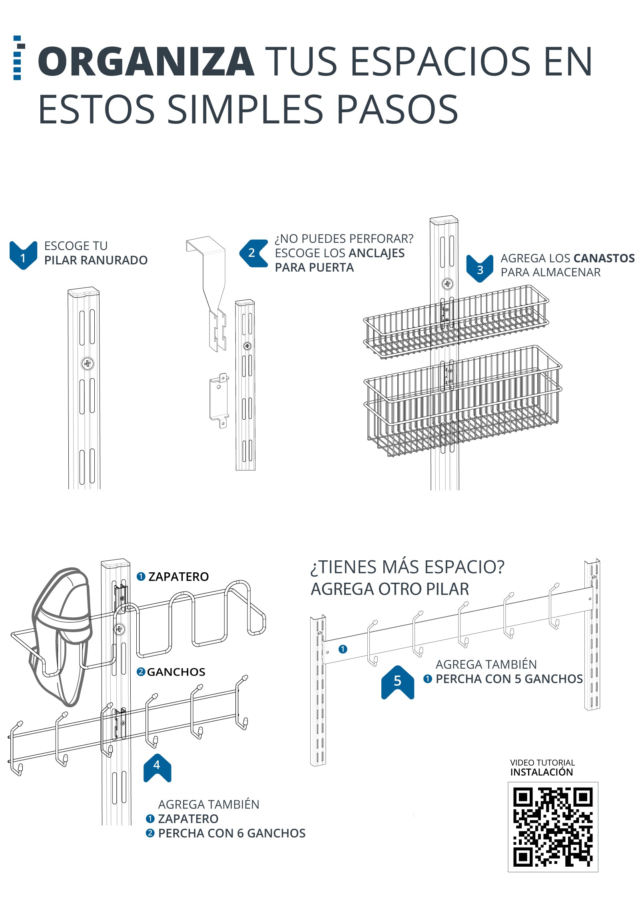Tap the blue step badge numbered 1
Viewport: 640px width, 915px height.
[23, 256]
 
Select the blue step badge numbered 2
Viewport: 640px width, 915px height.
[253, 253]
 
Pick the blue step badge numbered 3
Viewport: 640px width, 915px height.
[479, 269]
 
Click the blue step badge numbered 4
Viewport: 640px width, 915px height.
[157, 767]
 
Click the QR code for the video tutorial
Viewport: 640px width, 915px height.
[552, 827]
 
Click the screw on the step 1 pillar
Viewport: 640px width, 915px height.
[88, 364]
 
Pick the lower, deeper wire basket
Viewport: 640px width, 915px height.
[464, 403]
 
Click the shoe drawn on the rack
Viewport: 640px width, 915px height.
[62, 635]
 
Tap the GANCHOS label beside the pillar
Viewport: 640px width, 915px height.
[176, 672]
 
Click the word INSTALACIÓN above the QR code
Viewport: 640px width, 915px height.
[541, 772]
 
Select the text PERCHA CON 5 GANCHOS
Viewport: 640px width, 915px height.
[509, 679]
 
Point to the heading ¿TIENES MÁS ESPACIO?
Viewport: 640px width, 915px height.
[407, 567]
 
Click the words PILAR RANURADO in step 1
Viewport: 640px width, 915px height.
[96, 260]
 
